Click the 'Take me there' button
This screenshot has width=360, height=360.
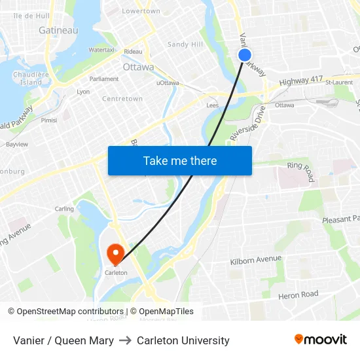pos(180,160)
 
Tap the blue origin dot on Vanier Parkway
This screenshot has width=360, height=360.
pos(244,55)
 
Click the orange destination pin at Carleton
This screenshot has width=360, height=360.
pos(116,253)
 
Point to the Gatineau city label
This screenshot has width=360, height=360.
pos(58,30)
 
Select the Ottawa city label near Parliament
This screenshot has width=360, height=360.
pos(138,67)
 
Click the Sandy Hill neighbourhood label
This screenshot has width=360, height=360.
pos(185,45)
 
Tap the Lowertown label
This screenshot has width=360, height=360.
pos(141,11)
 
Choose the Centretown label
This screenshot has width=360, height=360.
pos(122,99)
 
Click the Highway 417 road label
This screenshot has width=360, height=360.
pos(301,81)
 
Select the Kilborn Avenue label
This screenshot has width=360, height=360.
pos(255,261)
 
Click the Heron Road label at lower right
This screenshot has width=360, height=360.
pos(298,295)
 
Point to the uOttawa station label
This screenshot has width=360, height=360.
pos(168,83)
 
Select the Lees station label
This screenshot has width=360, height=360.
pos(213,105)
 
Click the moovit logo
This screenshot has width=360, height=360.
pos(321,340)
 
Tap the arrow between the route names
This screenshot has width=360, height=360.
pos(125,340)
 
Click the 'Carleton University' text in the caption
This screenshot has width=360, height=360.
pos(183,340)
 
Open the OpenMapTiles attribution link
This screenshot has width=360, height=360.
pos(162,312)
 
